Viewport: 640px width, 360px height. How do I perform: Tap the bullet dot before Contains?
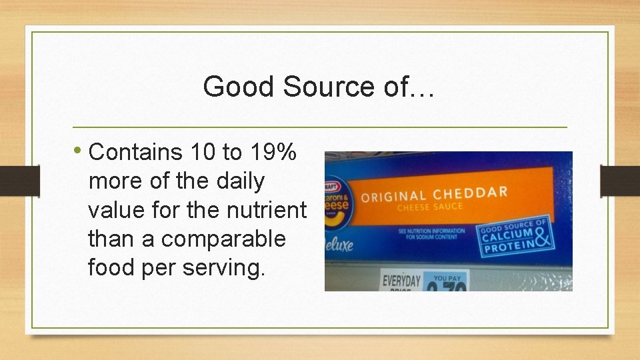point(80,151)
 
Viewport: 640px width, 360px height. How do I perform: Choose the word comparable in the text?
point(223,239)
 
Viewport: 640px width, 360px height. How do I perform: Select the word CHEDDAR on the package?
point(470,193)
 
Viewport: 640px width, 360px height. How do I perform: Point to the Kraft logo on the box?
point(331,187)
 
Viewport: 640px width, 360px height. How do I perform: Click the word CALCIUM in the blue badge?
point(507,235)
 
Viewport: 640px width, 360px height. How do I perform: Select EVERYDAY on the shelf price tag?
point(401,279)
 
